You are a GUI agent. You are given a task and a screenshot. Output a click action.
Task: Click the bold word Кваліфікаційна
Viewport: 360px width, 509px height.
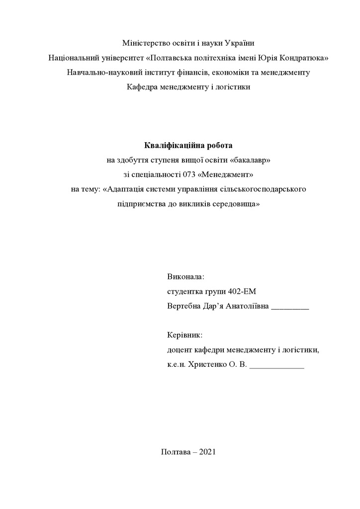pos(171,146)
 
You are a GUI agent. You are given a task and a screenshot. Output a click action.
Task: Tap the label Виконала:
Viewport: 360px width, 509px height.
pos(186,277)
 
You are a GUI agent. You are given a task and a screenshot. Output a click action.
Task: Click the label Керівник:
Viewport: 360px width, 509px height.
pos(185,336)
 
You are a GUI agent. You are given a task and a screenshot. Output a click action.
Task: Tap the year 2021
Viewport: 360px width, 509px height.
pos(207,452)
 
